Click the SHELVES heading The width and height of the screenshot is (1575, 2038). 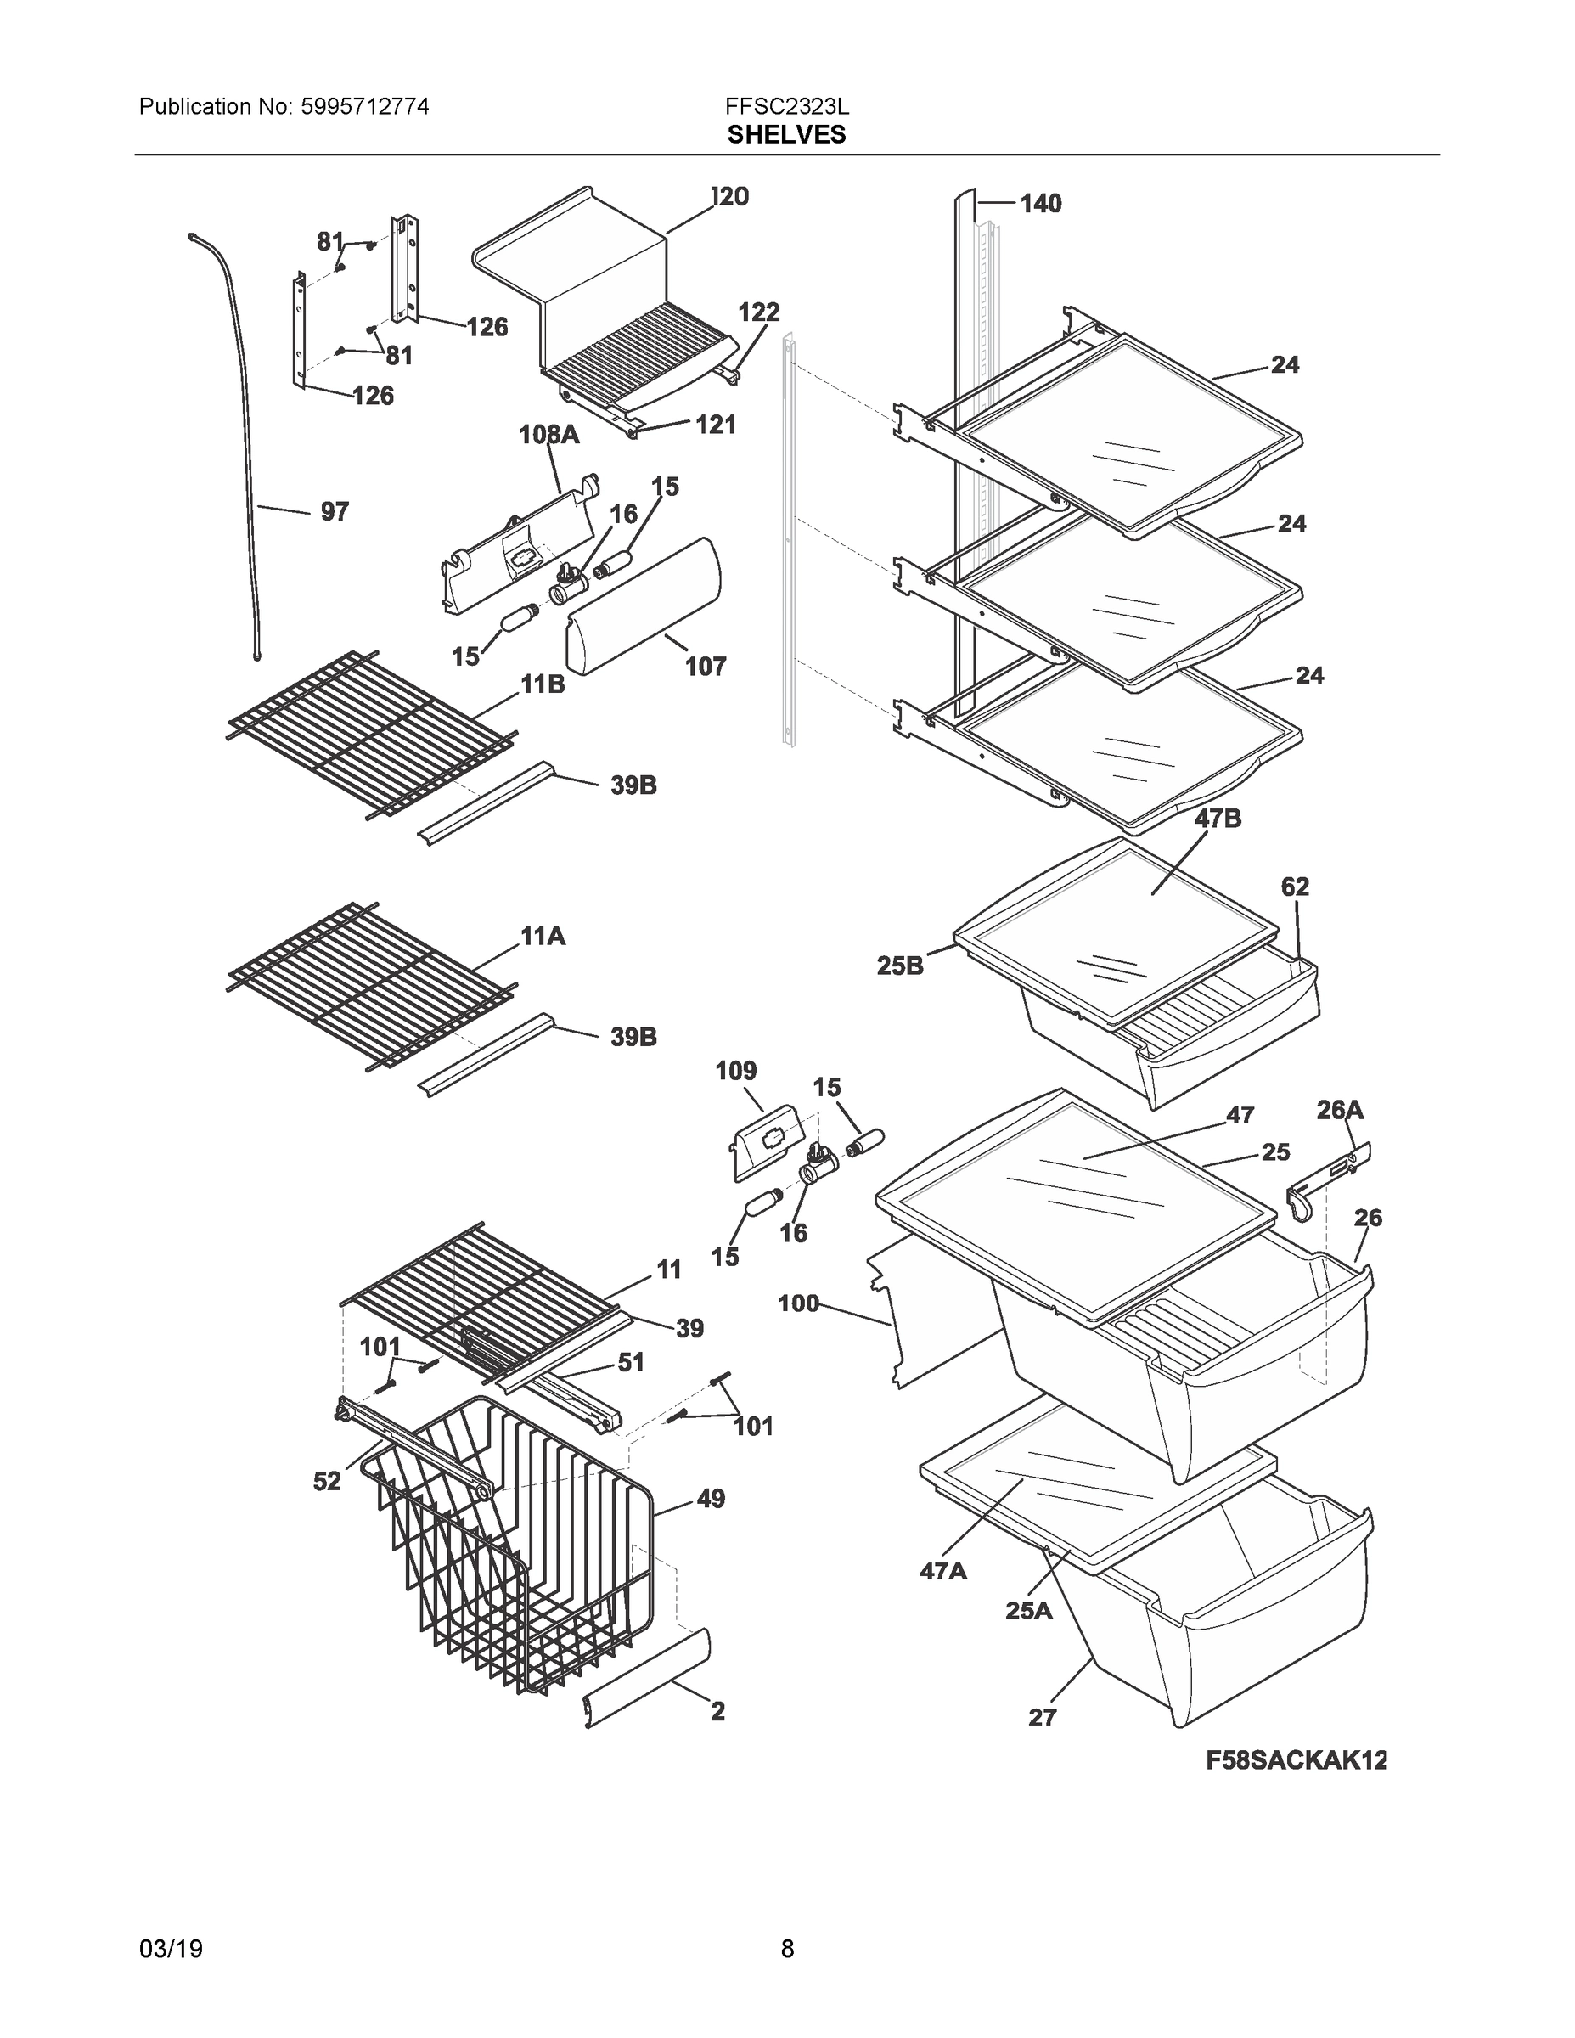(785, 135)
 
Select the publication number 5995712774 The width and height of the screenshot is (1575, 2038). (365, 106)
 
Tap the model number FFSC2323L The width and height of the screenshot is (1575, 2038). (785, 106)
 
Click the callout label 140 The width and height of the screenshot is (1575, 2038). (1040, 204)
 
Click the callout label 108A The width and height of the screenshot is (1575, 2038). (548, 434)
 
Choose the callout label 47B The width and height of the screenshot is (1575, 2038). (1218, 819)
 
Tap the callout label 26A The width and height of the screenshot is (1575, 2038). (1340, 1110)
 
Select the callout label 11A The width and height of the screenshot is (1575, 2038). (543, 935)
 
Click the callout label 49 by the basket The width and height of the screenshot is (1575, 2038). (710, 1499)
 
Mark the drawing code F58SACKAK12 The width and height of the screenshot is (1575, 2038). (1295, 1760)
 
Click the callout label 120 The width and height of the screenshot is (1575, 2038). (729, 197)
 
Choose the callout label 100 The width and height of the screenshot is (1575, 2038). (798, 1303)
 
